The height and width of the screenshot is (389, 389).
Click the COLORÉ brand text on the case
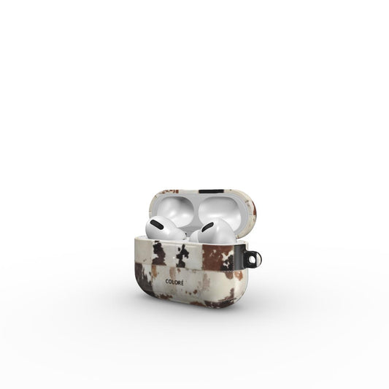(174, 282)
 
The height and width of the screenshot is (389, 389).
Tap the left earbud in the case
(164, 228)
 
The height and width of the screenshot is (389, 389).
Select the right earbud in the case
(213, 231)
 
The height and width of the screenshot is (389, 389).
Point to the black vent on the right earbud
(207, 227)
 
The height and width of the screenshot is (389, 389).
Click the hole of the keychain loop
(253, 260)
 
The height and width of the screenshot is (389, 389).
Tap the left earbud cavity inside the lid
(176, 210)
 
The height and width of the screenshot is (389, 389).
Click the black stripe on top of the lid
(212, 191)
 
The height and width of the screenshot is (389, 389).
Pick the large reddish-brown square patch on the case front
(217, 258)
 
